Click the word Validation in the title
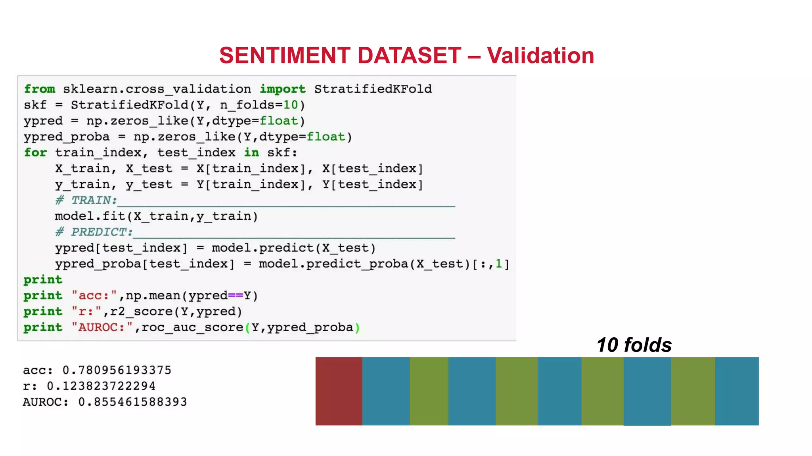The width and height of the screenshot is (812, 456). click(x=540, y=55)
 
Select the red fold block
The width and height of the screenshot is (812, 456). click(x=339, y=391)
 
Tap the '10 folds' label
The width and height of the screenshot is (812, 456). click(x=634, y=345)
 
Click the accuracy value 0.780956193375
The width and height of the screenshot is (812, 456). click(x=117, y=370)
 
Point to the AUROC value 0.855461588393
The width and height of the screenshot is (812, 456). click(x=132, y=402)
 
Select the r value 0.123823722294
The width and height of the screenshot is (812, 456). click(x=101, y=386)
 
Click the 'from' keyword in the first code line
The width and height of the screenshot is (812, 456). click(x=40, y=89)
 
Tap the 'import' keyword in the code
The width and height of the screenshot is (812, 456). click(x=282, y=89)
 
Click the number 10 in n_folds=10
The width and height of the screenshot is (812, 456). click(x=291, y=105)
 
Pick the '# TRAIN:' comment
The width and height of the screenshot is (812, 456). click(x=86, y=200)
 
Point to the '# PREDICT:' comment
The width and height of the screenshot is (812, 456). click(x=94, y=232)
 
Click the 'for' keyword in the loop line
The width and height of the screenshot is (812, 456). click(x=35, y=152)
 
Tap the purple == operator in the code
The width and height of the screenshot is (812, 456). click(x=236, y=296)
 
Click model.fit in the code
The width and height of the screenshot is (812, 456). click(x=90, y=216)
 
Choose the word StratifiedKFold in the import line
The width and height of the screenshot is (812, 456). click(x=373, y=89)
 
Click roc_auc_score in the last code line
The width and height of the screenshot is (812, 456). click(x=192, y=327)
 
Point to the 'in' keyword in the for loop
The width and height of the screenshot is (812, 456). click(x=251, y=152)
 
